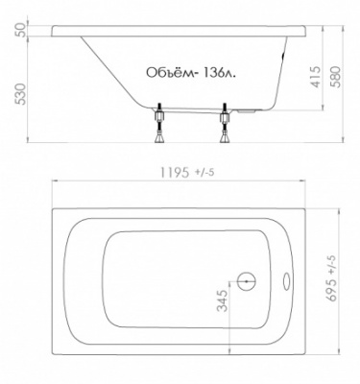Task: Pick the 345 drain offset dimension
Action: coord(223,306)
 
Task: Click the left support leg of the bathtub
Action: coord(157,127)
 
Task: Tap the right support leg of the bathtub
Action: coord(227,127)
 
